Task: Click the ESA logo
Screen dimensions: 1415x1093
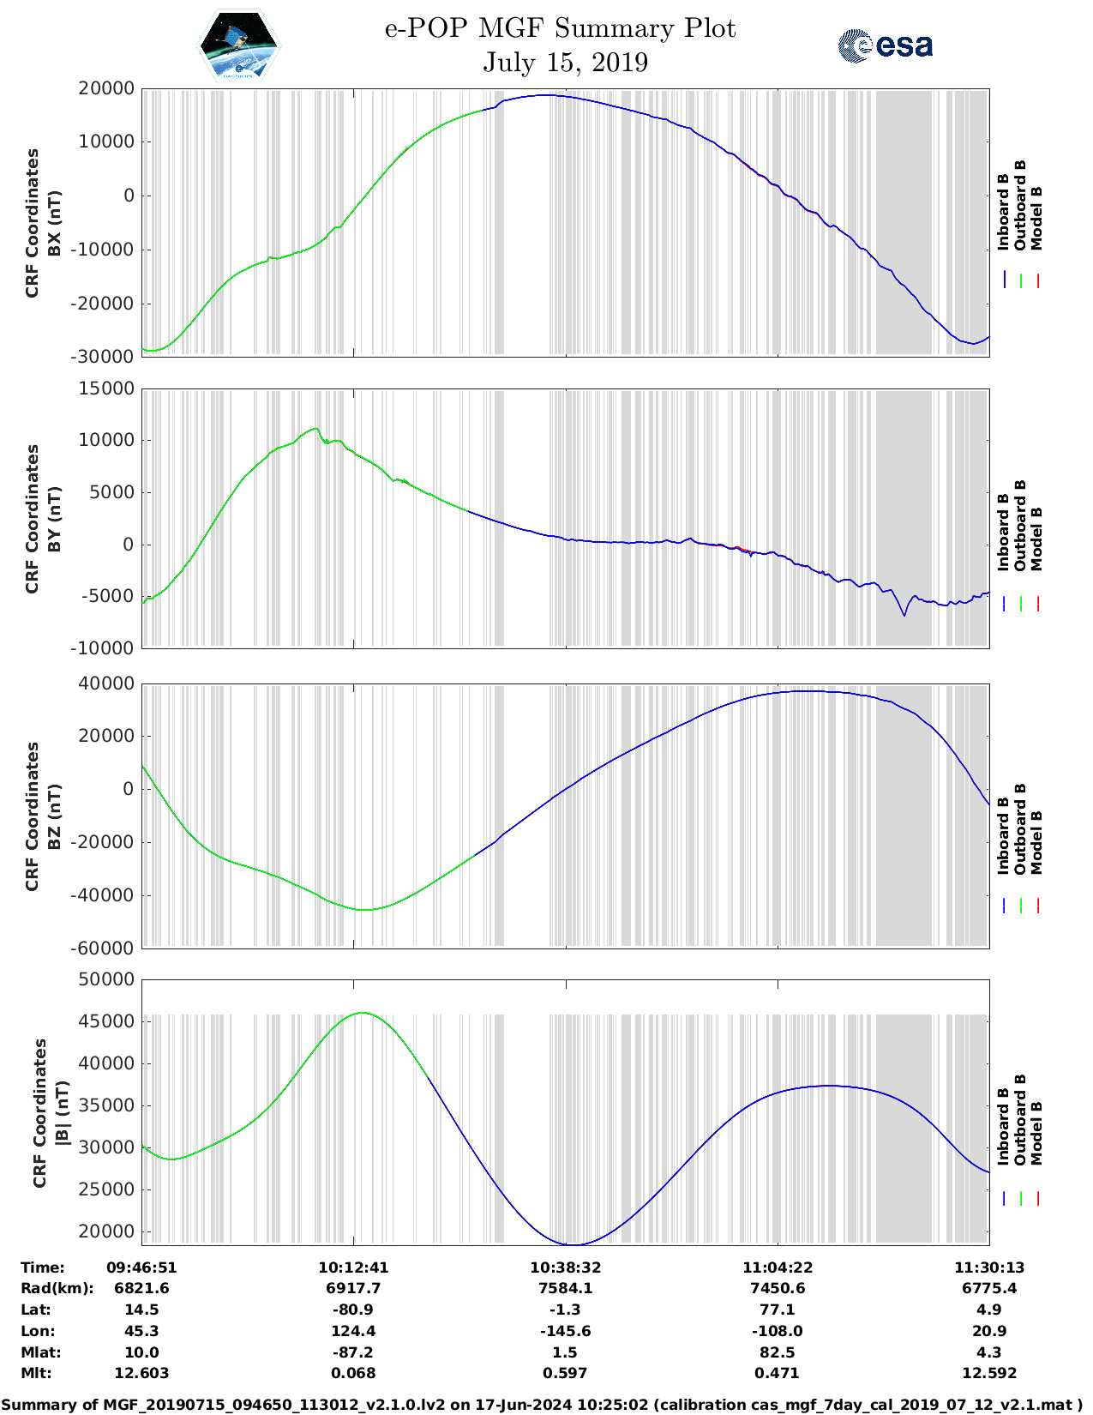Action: pos(886,45)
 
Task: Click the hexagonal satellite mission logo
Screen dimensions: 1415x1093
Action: pos(239,45)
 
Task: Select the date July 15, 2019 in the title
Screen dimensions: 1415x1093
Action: pos(565,63)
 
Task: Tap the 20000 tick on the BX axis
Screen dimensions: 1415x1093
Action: pos(106,88)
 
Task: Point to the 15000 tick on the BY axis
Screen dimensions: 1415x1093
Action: pos(106,388)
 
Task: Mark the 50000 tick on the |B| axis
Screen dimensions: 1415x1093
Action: pos(106,979)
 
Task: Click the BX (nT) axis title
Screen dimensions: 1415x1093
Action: pos(54,223)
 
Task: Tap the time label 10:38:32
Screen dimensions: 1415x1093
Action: pos(565,1267)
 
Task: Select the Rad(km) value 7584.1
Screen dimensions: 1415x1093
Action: pos(565,1288)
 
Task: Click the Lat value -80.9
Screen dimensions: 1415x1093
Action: pos(353,1310)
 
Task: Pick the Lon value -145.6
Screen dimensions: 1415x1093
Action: pos(565,1331)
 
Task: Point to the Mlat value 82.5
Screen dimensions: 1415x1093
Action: pos(777,1352)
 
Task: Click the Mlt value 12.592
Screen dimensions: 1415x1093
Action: pos(988,1373)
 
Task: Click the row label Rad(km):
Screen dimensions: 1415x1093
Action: pos(57,1288)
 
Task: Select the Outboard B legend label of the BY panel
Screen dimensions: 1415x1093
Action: pos(1020,525)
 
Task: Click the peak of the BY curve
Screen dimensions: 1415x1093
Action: pos(315,429)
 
